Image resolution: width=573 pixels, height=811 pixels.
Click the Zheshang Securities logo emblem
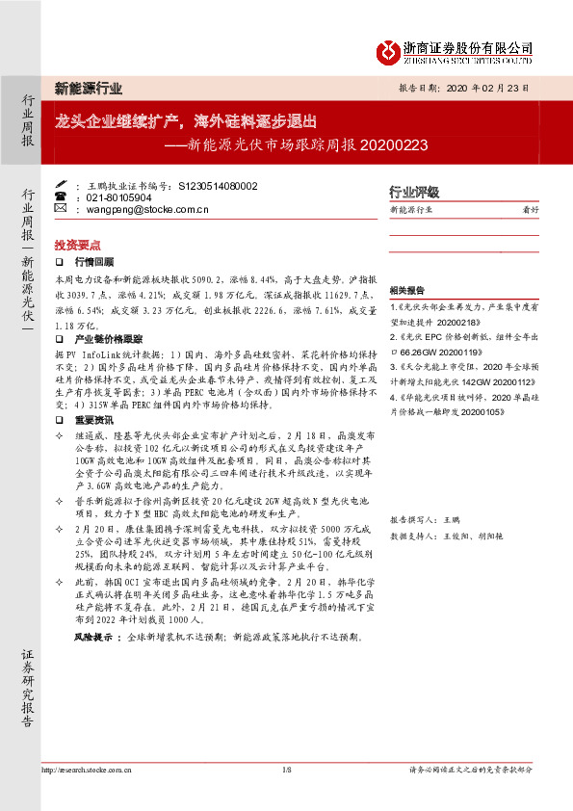(388, 49)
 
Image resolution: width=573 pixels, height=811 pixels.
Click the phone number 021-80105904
(119, 196)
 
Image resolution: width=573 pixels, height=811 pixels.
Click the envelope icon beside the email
(61, 208)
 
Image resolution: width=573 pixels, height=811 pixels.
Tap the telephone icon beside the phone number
(61, 196)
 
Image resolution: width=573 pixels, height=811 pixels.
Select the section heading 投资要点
(77, 246)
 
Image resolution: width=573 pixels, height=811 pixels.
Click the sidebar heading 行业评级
(413, 191)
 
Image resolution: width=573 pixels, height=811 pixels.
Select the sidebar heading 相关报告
(405, 290)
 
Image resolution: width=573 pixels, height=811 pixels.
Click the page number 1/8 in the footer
(286, 770)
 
